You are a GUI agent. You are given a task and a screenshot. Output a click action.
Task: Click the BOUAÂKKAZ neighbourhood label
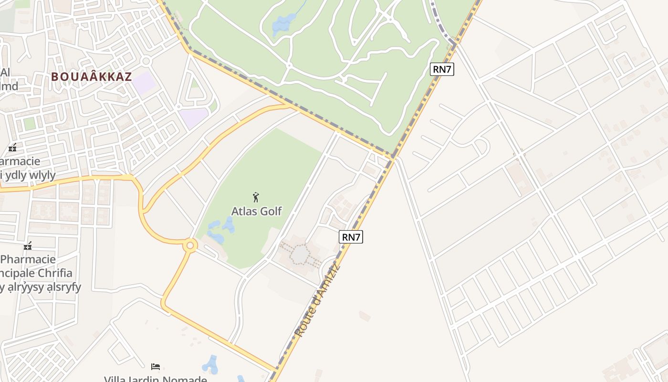pyautogui.click(x=91, y=77)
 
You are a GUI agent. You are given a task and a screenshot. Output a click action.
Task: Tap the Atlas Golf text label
pyautogui.click(x=257, y=211)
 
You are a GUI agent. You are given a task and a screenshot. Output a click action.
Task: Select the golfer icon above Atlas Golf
pyautogui.click(x=256, y=197)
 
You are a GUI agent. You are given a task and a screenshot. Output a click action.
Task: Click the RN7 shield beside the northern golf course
pyautogui.click(x=442, y=69)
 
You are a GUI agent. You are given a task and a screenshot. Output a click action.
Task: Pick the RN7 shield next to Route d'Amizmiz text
pyautogui.click(x=351, y=237)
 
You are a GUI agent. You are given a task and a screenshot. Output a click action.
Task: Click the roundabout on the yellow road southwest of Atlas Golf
pyautogui.click(x=190, y=245)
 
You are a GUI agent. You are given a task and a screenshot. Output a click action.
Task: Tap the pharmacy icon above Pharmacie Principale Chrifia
pyautogui.click(x=28, y=246)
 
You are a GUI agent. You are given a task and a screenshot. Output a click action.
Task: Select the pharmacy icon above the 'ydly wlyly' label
pyautogui.click(x=13, y=148)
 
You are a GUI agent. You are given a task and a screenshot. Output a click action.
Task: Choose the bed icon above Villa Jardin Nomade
pyautogui.click(x=156, y=367)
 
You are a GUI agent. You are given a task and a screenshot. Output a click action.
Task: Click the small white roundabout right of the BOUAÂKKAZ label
pyautogui.click(x=146, y=61)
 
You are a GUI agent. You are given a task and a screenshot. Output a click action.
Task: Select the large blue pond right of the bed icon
pyautogui.click(x=210, y=365)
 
